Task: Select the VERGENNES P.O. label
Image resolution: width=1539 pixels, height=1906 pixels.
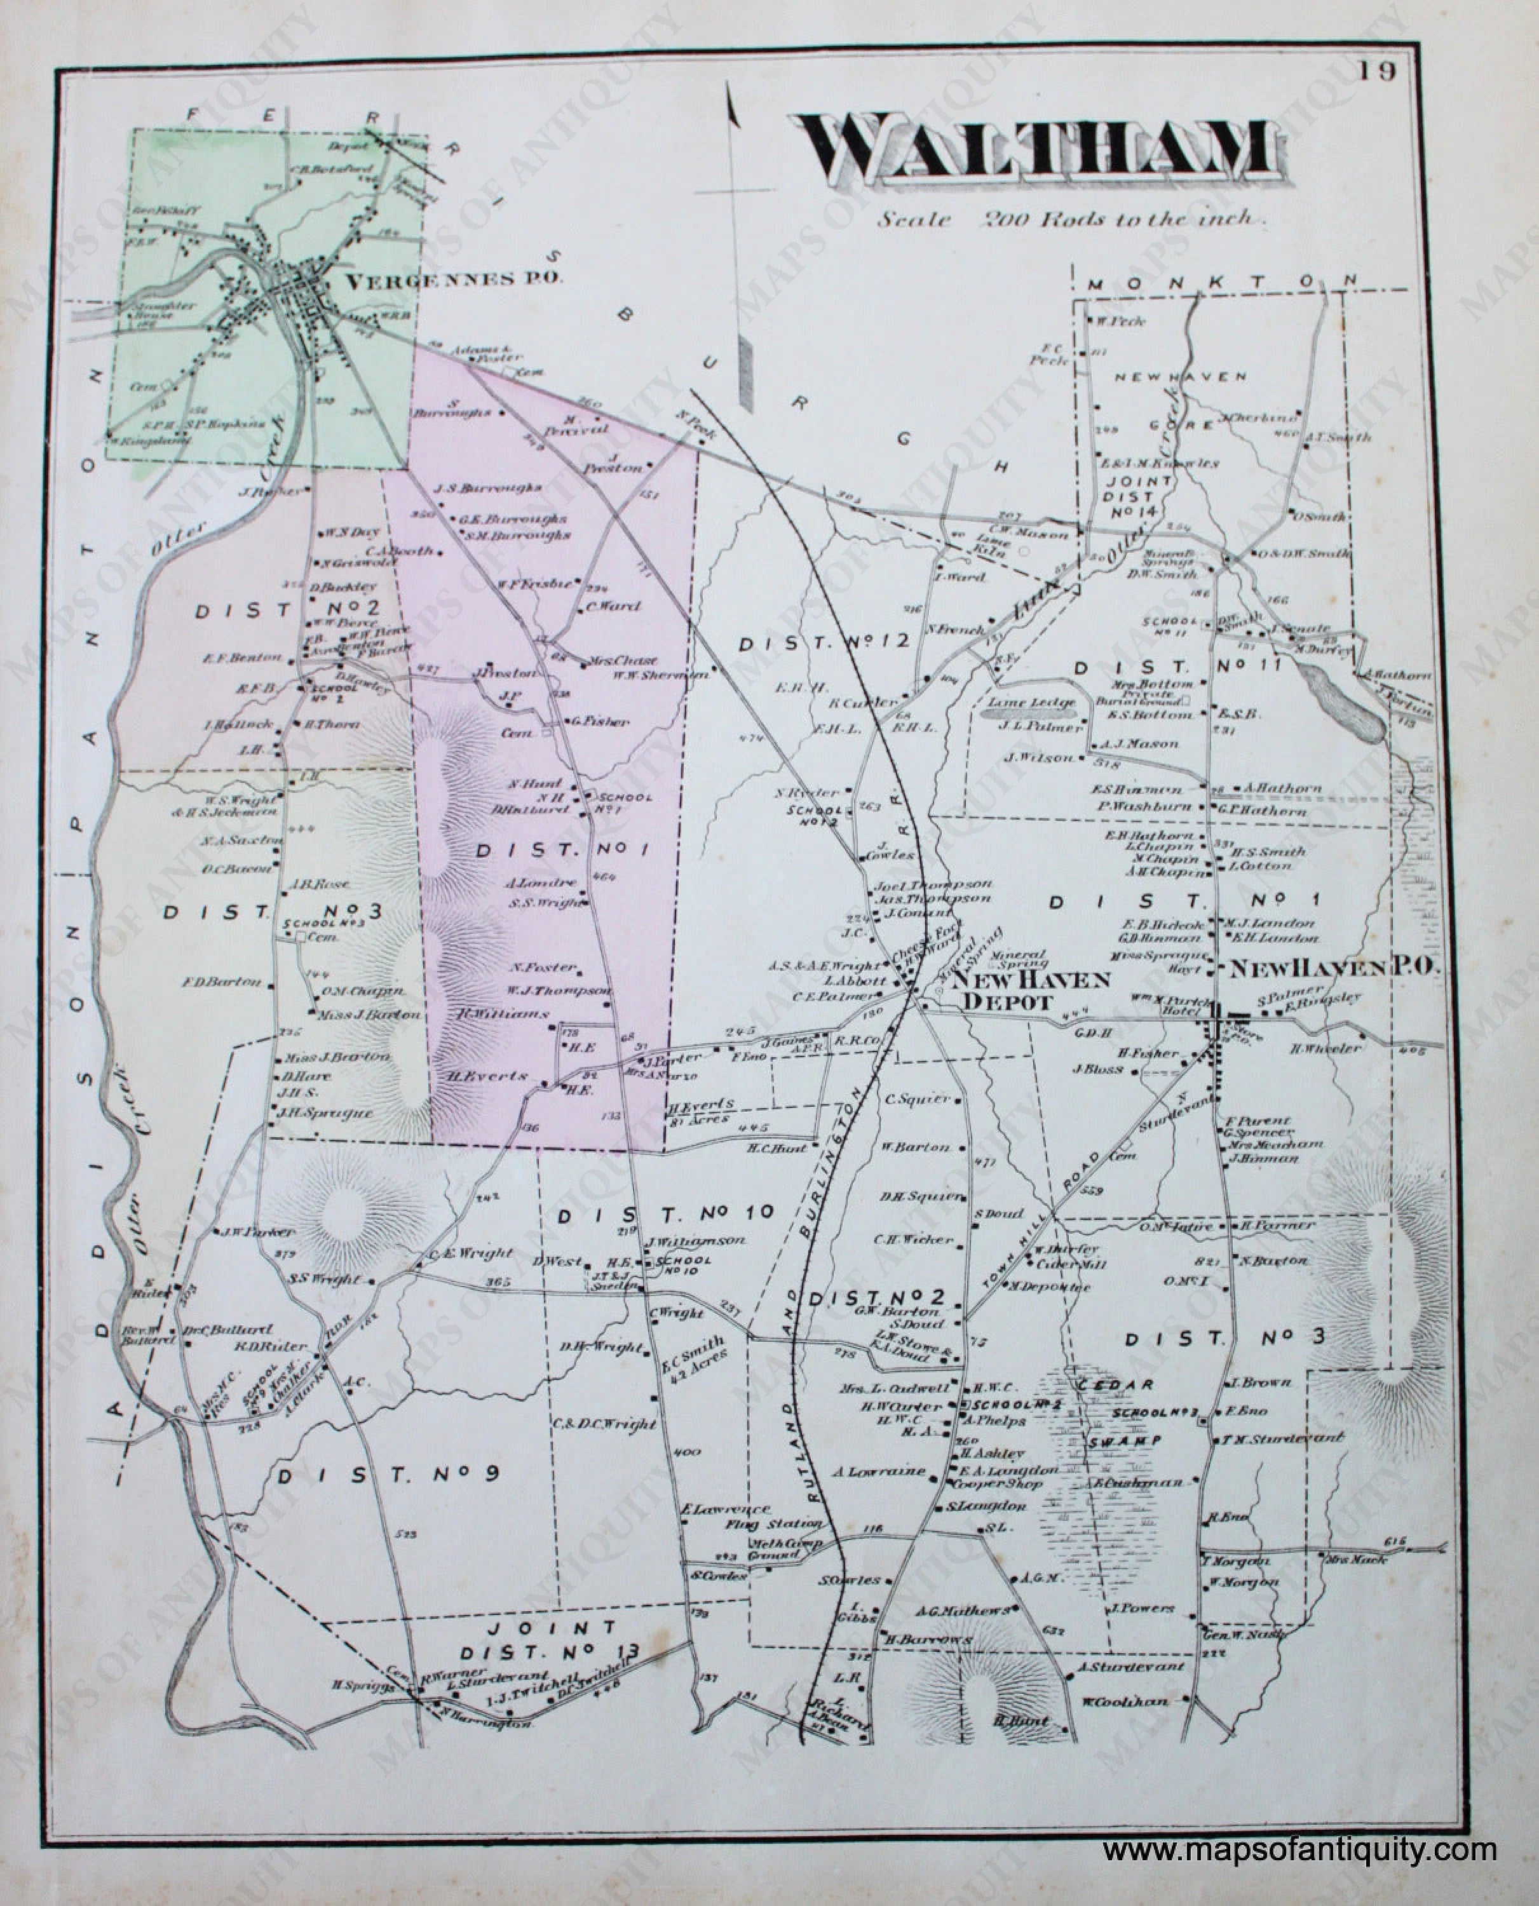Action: point(453,281)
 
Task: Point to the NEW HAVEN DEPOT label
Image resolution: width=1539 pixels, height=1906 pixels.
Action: point(1023,990)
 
